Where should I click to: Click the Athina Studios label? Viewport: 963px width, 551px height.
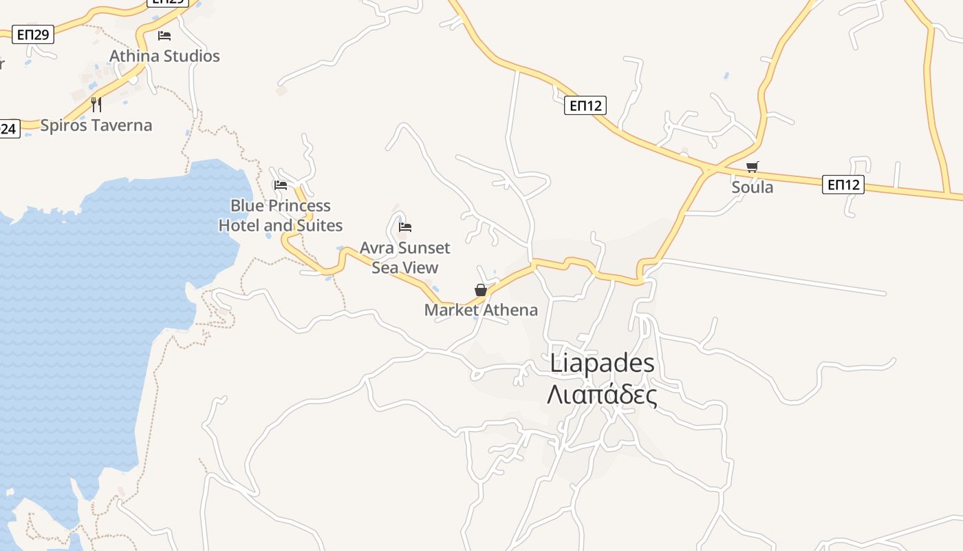165,56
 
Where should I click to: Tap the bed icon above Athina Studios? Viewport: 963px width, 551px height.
164,35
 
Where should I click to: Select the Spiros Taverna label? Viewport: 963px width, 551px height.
96,125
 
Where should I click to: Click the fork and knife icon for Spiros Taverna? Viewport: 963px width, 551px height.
96,105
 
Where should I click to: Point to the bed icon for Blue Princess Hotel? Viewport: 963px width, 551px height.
281,185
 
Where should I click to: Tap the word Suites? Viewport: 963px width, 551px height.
318,226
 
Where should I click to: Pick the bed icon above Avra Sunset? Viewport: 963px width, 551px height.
405,227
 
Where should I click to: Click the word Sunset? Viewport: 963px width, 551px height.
427,248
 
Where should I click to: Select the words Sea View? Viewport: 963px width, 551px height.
405,267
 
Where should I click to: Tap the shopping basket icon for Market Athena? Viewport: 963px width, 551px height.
481,290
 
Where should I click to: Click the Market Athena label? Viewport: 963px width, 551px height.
481,310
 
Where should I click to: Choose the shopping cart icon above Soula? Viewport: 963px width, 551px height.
753,167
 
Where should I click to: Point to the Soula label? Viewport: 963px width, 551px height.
753,187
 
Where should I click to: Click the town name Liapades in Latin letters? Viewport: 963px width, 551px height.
602,364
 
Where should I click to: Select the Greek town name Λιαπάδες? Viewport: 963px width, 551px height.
602,395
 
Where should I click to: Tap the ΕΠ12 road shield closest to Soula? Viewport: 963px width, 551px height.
843,185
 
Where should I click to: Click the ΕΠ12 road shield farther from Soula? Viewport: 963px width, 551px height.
585,105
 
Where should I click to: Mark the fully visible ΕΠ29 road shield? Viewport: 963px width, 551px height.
32,34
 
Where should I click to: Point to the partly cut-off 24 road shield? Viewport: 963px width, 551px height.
9,129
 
